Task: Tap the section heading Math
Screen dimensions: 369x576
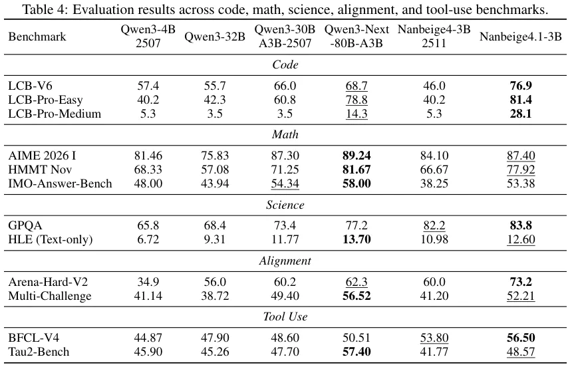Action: (285, 135)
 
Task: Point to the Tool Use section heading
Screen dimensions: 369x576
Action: (285, 317)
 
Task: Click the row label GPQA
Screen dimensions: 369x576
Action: (26, 226)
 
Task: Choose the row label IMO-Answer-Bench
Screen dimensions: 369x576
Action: (60, 184)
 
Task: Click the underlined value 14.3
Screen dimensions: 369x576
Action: (357, 114)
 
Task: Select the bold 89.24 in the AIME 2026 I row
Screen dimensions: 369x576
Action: (357, 156)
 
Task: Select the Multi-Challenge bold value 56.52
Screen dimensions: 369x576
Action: (357, 296)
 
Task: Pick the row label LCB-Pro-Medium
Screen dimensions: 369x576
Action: (55, 114)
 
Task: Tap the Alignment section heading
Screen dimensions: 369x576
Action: (285, 261)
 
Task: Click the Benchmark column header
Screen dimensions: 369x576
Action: (37, 37)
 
